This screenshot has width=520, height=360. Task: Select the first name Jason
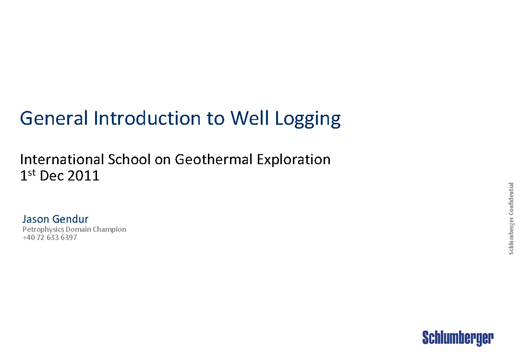point(36,219)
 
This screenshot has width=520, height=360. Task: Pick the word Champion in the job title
point(110,230)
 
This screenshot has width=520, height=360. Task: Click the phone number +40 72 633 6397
point(49,237)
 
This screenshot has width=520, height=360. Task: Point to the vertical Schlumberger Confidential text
point(511,219)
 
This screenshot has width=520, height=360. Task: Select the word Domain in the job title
point(78,230)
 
